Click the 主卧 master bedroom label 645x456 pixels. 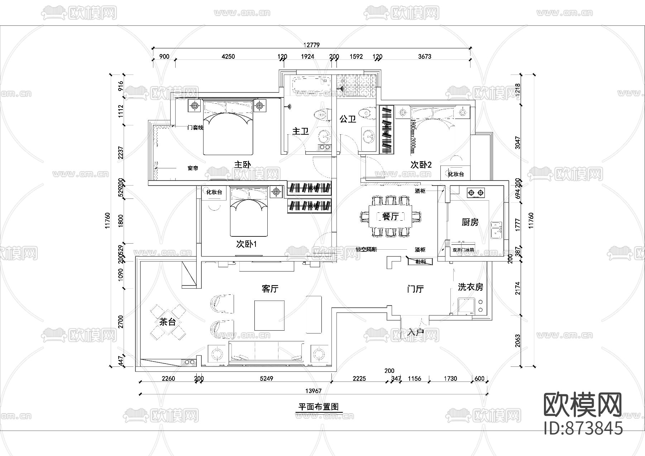click(242, 165)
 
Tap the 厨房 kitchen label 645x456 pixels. click(470, 222)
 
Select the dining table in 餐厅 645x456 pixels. click(391, 216)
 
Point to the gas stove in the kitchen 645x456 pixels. click(476, 193)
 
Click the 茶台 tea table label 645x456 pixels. click(168, 322)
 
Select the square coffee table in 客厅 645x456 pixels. click(269, 315)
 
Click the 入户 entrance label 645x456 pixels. click(416, 332)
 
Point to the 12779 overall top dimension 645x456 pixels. click(311, 45)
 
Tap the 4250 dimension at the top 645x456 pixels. click(228, 57)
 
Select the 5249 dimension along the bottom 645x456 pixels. click(266, 379)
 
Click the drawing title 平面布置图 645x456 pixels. click(319, 407)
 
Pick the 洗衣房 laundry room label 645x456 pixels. click(470, 287)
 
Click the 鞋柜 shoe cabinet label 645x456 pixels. click(421, 262)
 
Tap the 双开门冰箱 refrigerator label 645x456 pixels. click(463, 250)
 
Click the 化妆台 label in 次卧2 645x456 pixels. click(456, 174)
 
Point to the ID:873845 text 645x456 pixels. click(583, 428)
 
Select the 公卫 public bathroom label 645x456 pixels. click(348, 119)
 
